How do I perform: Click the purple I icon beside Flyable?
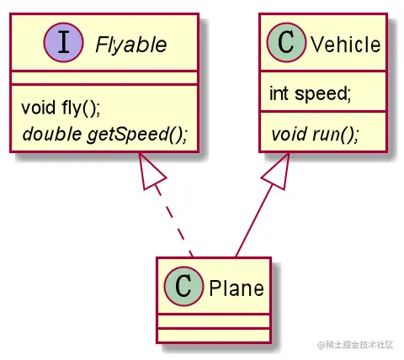click(63, 42)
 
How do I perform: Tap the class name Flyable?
click(131, 45)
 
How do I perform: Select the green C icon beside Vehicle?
click(286, 42)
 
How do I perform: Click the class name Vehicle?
click(346, 45)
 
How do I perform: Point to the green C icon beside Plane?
click(183, 286)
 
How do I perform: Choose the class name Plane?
click(237, 289)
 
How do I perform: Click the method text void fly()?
click(61, 108)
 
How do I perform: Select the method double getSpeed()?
click(105, 135)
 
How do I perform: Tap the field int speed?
click(311, 93)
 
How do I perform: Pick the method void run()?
click(315, 134)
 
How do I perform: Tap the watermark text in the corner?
click(355, 345)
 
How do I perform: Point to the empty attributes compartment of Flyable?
click(104, 78)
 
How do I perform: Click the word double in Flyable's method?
click(52, 134)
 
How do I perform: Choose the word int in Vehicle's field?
click(279, 93)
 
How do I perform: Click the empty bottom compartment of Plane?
click(214, 336)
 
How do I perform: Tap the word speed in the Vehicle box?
click(322, 94)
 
